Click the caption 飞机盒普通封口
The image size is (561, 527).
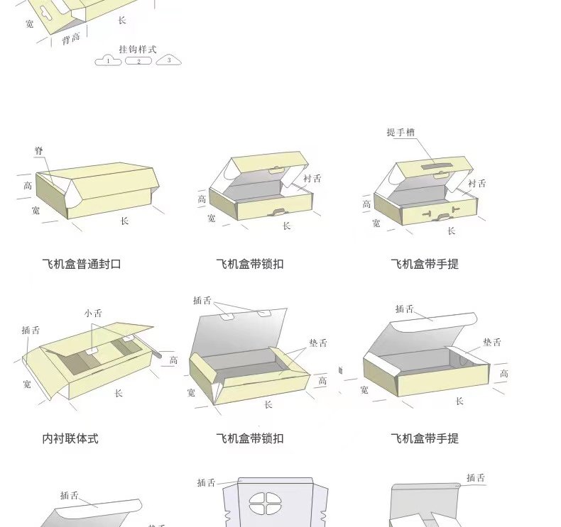click(82, 264)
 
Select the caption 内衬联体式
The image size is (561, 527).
click(70, 439)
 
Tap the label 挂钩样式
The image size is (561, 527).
click(138, 50)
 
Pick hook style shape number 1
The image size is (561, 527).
click(108, 61)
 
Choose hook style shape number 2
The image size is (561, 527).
click(138, 61)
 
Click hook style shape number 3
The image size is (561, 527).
click(168, 60)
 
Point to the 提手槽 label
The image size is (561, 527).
click(401, 132)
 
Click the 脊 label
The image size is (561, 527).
click(39, 151)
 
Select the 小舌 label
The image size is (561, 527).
click(93, 313)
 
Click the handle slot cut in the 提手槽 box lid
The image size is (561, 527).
click(430, 167)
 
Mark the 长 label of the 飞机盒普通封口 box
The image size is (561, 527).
click(124, 221)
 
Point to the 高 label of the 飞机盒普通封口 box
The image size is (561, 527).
click(28, 186)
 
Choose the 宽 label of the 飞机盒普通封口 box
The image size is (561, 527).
click(36, 211)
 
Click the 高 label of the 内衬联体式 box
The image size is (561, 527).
click(173, 360)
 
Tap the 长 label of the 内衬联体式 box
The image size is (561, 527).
click(119, 393)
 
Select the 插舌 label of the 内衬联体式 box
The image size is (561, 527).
click(31, 331)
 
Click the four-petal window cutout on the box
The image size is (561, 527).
click(265, 505)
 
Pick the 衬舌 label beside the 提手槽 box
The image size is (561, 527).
click(477, 184)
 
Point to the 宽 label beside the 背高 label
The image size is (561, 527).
click(29, 23)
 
